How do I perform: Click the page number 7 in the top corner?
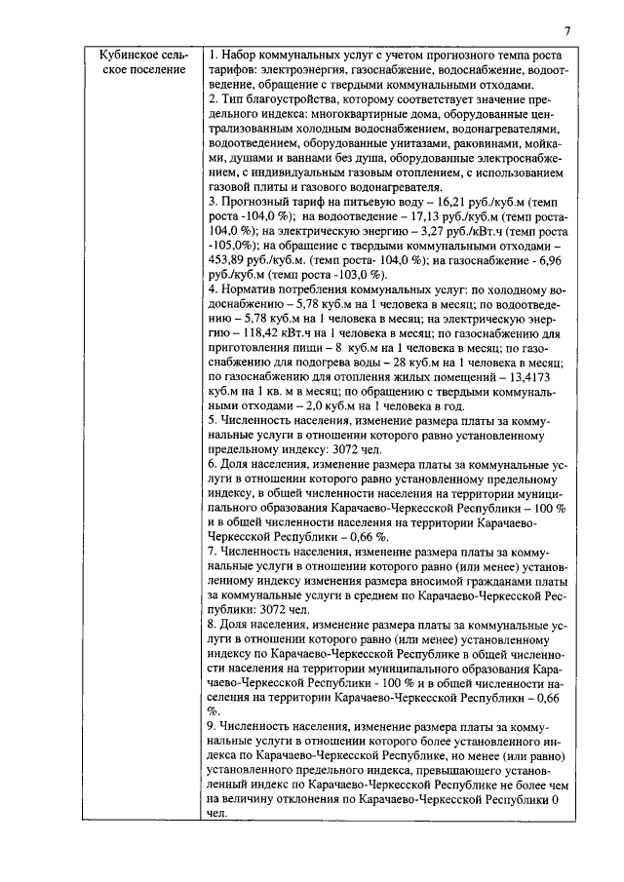tap(567, 31)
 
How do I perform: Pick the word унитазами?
tap(388, 142)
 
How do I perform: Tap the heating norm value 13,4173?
tap(534, 376)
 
